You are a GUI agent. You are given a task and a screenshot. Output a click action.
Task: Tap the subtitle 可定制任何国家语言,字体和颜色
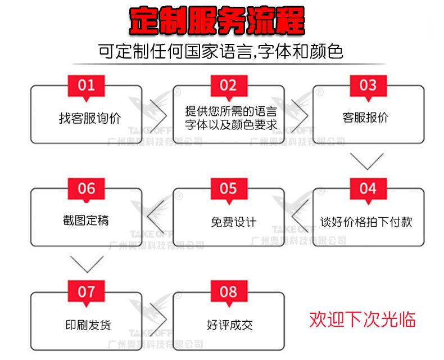point(220,52)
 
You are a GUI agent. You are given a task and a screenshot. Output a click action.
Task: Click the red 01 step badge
point(87,86)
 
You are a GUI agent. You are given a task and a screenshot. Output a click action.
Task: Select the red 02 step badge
point(228,86)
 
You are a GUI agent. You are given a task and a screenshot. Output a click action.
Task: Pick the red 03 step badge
point(368,86)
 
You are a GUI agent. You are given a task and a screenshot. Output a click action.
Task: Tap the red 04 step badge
point(368,188)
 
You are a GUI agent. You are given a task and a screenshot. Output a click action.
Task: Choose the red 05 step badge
point(228,189)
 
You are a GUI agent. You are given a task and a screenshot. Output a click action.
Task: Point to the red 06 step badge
point(87,189)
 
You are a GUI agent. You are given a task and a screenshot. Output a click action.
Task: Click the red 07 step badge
point(87,292)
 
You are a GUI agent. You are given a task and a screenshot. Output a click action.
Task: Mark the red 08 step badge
point(228,292)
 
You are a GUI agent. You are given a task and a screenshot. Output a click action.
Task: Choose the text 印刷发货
point(88,325)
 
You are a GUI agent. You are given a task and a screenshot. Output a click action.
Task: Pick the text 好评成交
point(230,325)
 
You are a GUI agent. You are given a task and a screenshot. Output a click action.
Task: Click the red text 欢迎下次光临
point(363,319)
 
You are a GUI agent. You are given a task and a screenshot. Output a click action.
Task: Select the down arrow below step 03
point(368,161)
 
